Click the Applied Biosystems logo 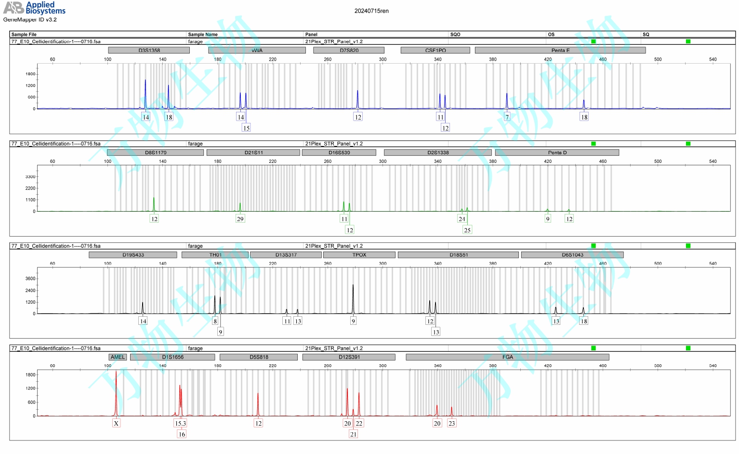[34, 8]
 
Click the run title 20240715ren [371, 11]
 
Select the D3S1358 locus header [149, 50]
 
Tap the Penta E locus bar [560, 50]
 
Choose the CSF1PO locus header [435, 50]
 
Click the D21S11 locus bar [253, 153]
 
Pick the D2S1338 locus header [437, 153]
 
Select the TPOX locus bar [359, 255]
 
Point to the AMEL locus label [118, 357]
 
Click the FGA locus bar [507, 357]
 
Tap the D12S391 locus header [349, 357]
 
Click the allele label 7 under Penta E [507, 117]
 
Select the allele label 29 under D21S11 [240, 219]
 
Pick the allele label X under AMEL [116, 423]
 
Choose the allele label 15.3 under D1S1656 [180, 423]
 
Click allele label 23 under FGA [451, 423]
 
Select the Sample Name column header [203, 34]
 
